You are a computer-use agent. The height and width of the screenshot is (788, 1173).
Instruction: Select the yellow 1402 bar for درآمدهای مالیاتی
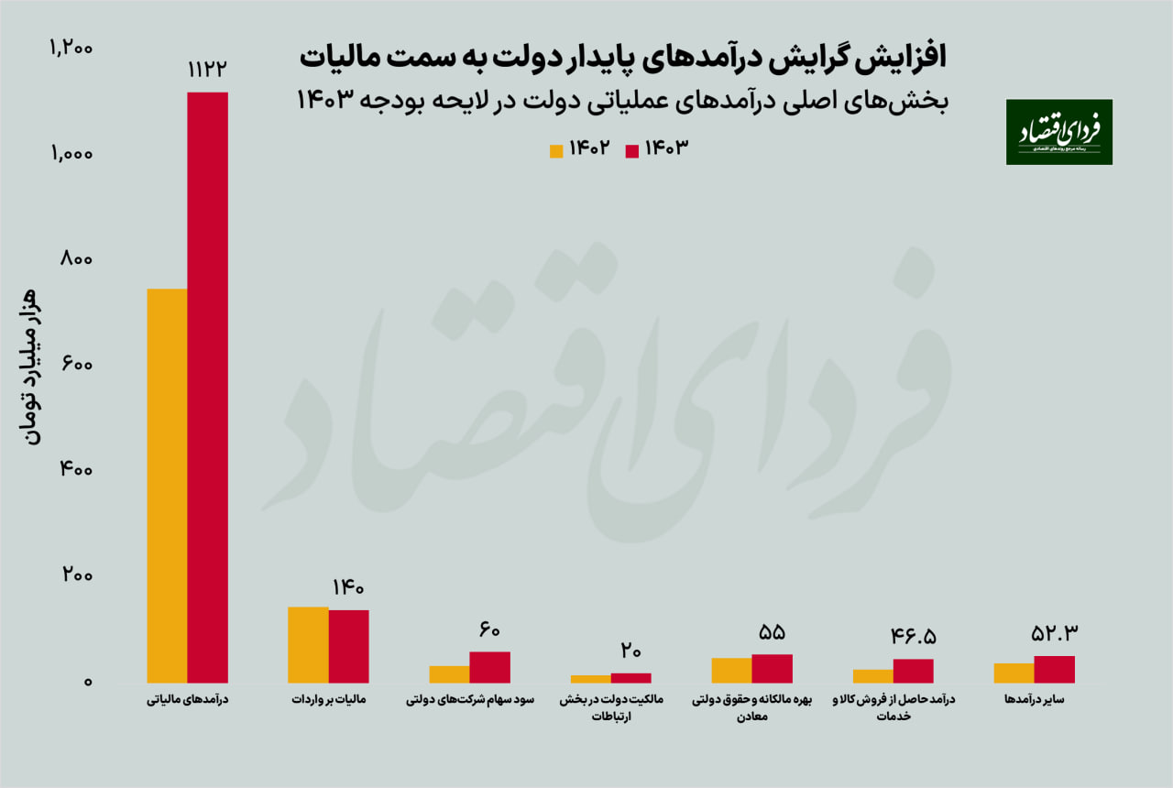click(167, 486)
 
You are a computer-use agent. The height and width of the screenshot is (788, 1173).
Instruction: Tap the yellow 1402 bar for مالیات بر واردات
click(308, 644)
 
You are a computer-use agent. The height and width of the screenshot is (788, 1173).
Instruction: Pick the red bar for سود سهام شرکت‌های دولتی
click(489, 667)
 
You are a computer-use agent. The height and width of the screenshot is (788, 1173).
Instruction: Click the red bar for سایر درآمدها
click(1054, 669)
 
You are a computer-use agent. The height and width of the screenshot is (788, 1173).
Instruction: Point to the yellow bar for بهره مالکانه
click(731, 670)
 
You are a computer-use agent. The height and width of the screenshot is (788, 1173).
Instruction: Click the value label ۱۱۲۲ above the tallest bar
click(207, 70)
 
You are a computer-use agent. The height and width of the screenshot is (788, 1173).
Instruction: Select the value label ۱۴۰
click(348, 587)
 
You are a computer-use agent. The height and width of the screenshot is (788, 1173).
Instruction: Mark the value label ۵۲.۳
click(1055, 633)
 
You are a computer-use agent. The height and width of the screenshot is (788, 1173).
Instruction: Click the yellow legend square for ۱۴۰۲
click(556, 150)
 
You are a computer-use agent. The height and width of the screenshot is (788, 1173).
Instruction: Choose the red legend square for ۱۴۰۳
click(631, 150)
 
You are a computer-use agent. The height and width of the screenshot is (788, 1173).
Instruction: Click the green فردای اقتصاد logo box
click(1058, 132)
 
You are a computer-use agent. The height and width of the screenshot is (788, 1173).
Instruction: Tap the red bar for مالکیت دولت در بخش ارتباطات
click(630, 678)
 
